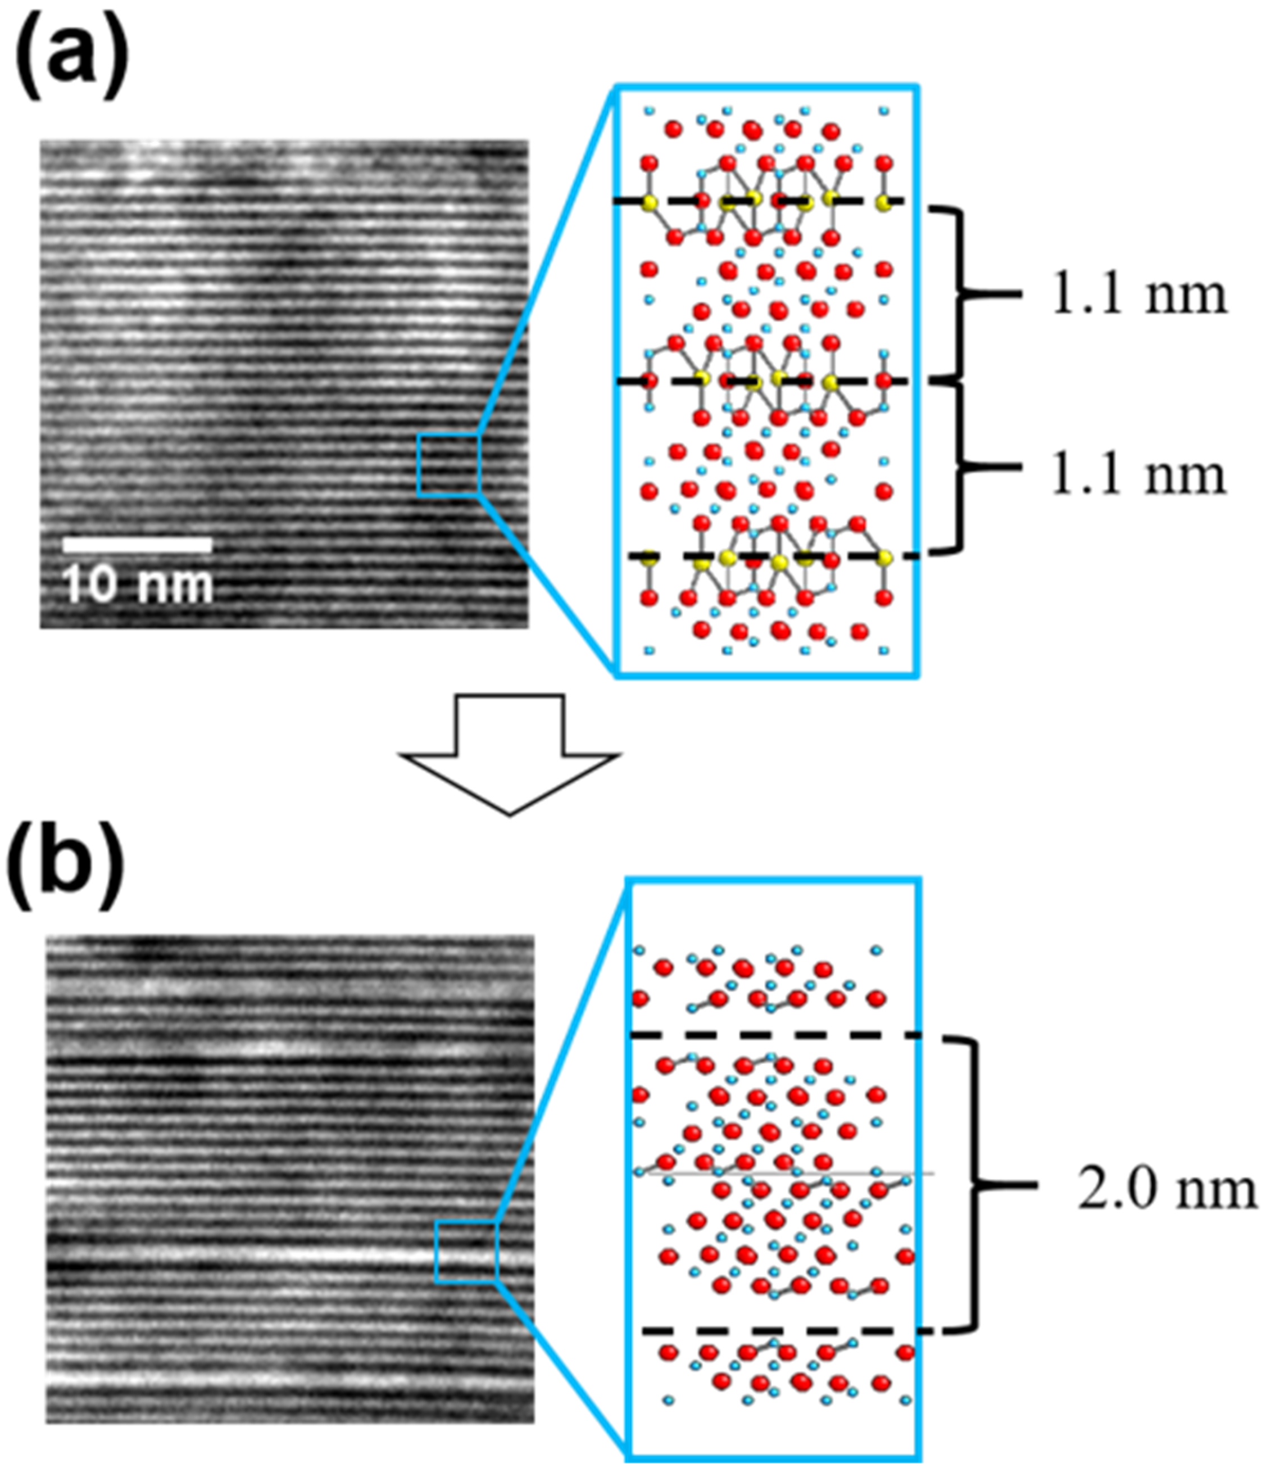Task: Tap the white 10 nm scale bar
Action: pyautogui.click(x=137, y=545)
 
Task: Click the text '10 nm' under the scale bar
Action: pyautogui.click(x=139, y=586)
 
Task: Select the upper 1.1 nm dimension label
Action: pyautogui.click(x=1138, y=295)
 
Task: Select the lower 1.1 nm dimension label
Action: pyautogui.click(x=1138, y=476)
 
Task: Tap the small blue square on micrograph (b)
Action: pyautogui.click(x=465, y=1252)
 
